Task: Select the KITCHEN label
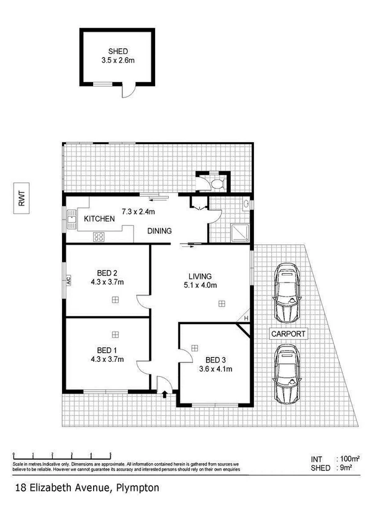(x=99, y=219)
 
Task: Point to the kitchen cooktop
(x=98, y=236)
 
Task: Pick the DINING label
(x=160, y=231)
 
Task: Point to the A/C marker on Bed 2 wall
(x=68, y=281)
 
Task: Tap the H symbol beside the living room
(x=246, y=319)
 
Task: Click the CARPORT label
(x=288, y=333)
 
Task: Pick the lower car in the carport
(x=287, y=374)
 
